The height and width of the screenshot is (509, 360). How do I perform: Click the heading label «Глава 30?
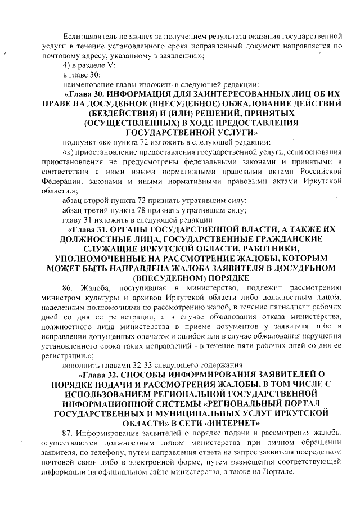coord(87,93)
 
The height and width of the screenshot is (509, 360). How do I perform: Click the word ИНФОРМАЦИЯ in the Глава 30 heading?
coord(144,93)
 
